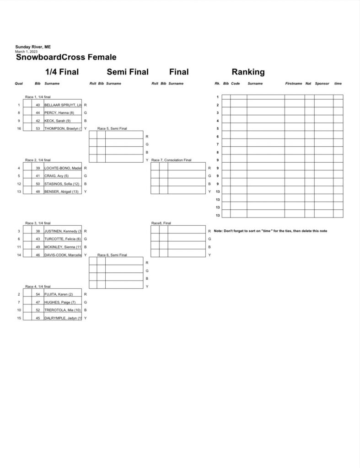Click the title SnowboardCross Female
(x=66, y=58)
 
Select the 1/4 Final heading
(x=62, y=72)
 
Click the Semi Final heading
(x=128, y=72)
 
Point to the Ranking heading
(x=248, y=72)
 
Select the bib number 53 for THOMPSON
(x=38, y=128)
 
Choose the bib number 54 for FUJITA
(x=38, y=294)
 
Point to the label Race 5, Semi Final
(x=112, y=128)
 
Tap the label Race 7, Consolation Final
(x=171, y=160)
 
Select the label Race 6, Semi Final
(x=112, y=255)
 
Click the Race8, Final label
(x=161, y=223)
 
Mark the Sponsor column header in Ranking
(x=322, y=84)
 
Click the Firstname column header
(x=294, y=84)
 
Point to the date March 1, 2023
(x=27, y=52)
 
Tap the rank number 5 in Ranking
(x=218, y=128)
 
